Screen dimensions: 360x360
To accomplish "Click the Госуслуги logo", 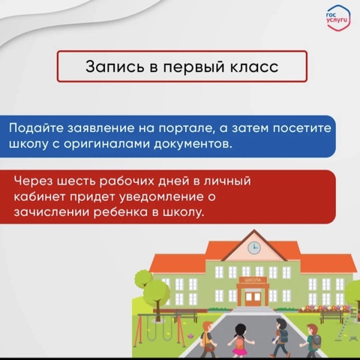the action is point(338,18).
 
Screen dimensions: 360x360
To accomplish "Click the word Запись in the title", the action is point(115,67).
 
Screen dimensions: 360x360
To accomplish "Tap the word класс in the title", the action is point(254,67).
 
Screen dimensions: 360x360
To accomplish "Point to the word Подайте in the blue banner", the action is point(37,127).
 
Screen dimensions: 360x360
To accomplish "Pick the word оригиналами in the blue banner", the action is point(106,144).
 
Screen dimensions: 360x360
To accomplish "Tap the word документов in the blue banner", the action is point(193,144).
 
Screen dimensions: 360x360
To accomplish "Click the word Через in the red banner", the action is point(33,181).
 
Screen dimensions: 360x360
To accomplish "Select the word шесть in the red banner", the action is point(76,181).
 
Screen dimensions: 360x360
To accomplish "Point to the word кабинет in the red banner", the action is point(39,196).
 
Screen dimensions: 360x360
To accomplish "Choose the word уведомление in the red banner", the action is point(161,196).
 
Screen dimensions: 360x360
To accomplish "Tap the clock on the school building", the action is point(254,248).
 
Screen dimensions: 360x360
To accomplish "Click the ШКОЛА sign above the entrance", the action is point(253,280).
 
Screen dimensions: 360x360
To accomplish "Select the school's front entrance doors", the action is point(253,297).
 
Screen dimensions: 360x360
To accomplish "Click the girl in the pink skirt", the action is point(240,340).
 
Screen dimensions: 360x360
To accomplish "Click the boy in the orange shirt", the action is point(208,340).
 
